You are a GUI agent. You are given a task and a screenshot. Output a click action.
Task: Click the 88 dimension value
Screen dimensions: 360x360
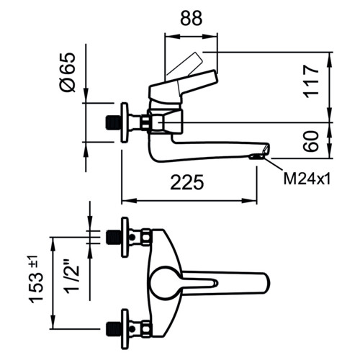pyautogui.click(x=192, y=18)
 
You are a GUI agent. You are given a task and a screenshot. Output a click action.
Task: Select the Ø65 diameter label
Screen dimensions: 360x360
pyautogui.click(x=68, y=72)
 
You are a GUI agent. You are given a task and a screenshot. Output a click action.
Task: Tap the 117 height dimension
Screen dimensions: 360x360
pyautogui.click(x=311, y=81)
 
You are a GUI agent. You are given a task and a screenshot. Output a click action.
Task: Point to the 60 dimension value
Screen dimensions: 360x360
pyautogui.click(x=311, y=141)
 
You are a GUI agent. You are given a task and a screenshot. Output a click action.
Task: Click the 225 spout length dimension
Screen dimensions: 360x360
pyautogui.click(x=187, y=182)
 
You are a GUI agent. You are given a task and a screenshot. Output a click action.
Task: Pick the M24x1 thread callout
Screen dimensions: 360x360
pyautogui.click(x=307, y=179)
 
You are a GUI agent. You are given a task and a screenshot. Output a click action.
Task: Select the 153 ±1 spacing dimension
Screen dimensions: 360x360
pyautogui.click(x=36, y=279)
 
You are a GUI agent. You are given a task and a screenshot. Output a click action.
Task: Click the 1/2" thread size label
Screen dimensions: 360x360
pyautogui.click(x=72, y=275)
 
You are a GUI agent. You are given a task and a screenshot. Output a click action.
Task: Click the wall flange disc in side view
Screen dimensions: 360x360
pyautogui.click(x=125, y=122)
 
